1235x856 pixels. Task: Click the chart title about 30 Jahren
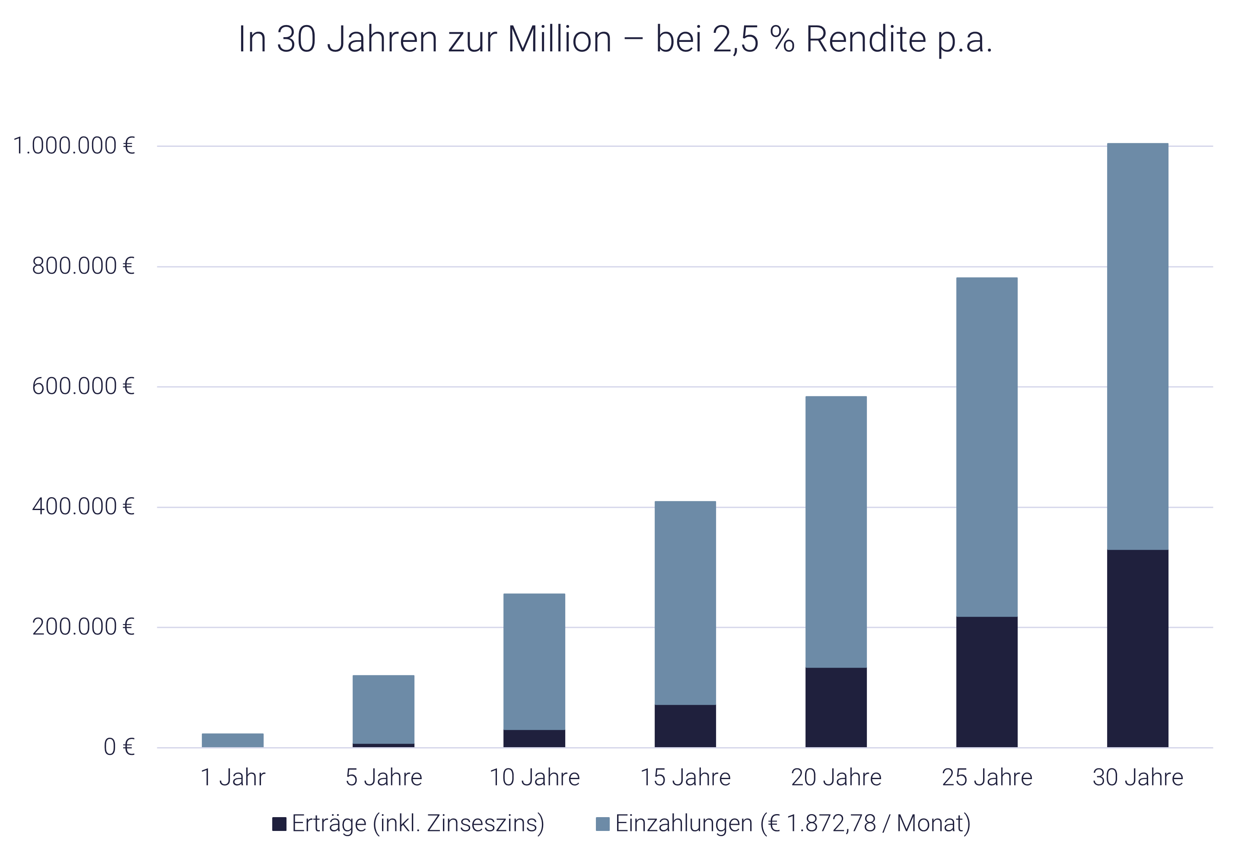click(x=615, y=40)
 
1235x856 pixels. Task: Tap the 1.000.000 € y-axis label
click(x=73, y=146)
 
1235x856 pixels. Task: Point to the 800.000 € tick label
click(x=83, y=266)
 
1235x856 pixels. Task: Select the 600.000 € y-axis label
click(x=83, y=386)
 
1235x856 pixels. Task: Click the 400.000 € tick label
click(x=83, y=506)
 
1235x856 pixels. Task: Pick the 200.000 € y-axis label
click(x=83, y=626)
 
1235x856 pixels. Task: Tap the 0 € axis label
click(x=118, y=747)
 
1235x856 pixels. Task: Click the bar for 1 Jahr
click(x=233, y=740)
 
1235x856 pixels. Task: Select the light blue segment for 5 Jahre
click(x=384, y=709)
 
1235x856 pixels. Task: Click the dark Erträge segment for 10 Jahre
click(x=535, y=738)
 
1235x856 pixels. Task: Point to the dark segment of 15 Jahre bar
click(x=685, y=726)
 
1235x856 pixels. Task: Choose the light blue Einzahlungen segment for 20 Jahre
click(x=836, y=531)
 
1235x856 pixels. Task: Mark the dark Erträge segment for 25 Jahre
click(x=987, y=681)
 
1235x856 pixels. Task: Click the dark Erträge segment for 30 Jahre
click(x=1137, y=648)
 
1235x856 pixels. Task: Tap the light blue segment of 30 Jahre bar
click(x=1137, y=346)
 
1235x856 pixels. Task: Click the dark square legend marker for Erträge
click(x=279, y=824)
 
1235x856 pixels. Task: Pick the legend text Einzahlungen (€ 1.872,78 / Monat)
click(x=793, y=823)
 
